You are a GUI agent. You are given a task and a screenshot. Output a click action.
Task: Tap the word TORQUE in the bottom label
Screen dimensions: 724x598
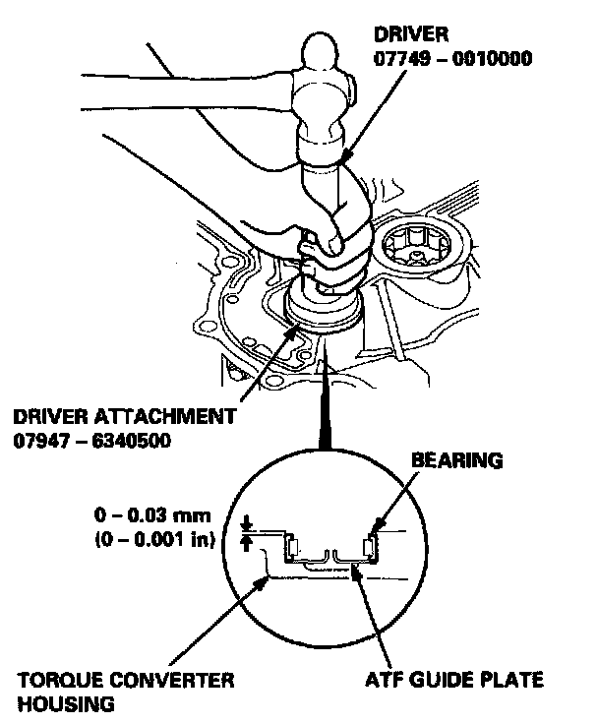click(46, 681)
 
